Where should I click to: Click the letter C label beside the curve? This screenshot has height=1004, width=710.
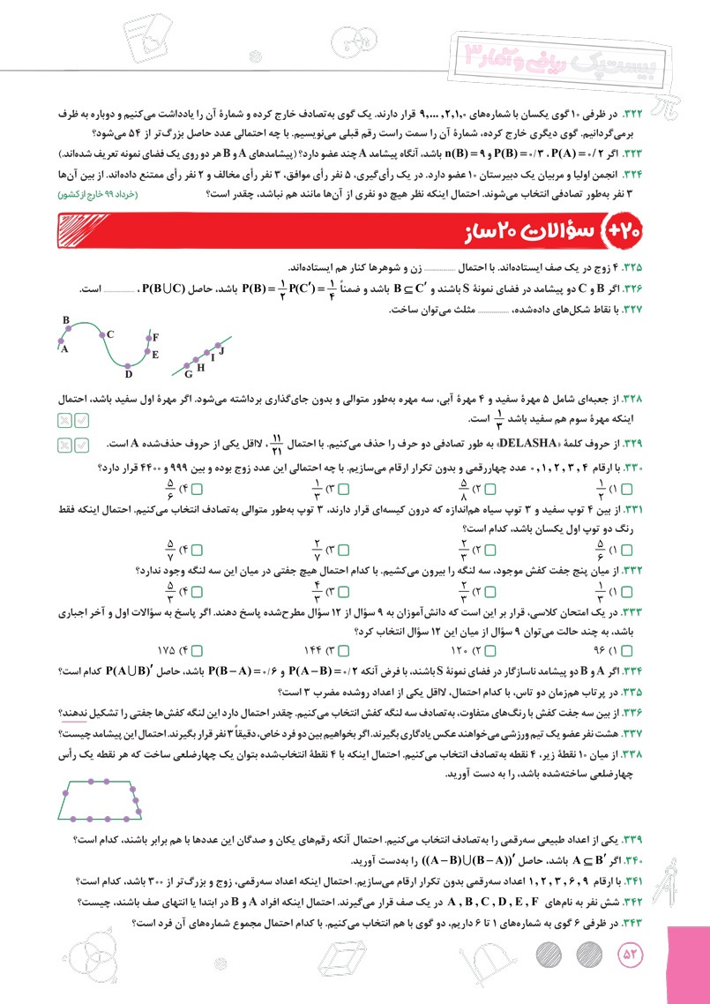tap(110, 335)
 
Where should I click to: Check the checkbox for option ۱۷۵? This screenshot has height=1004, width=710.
tap(198, 651)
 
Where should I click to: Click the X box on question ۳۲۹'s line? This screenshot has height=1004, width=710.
tap(64, 442)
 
